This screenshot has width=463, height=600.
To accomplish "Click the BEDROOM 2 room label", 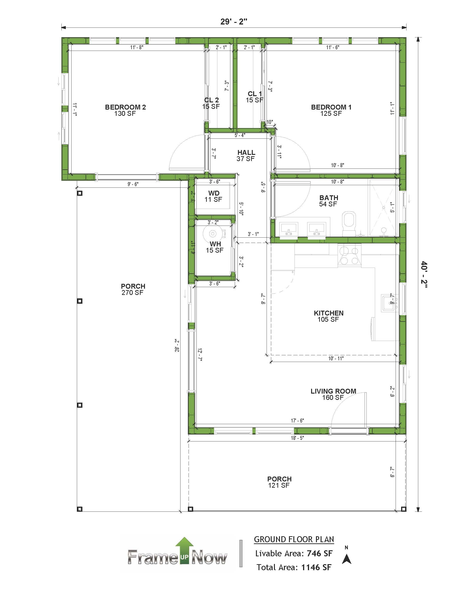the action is pos(125,107).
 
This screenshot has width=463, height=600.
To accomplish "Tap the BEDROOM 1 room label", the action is pos(331,107).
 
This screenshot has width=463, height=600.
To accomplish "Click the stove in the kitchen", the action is pos(349,255).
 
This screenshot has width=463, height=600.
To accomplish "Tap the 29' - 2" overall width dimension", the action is pos(234,22).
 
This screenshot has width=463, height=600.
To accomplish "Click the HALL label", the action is pos(246,153).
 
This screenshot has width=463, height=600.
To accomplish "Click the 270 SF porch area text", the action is pos(132,293).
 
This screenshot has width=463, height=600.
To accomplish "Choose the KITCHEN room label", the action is pos(329,313).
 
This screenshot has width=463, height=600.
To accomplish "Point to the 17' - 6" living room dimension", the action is pos(297,421).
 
